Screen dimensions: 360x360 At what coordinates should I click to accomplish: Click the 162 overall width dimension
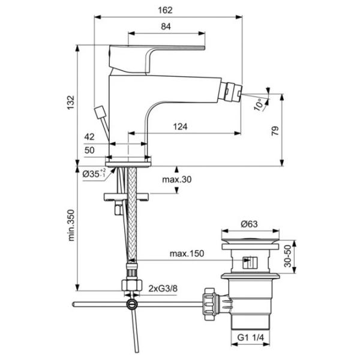165,10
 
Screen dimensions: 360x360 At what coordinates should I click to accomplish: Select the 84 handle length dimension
166,26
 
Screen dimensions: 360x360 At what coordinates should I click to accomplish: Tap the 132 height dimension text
71,103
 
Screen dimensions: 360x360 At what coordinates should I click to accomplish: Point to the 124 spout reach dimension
180,127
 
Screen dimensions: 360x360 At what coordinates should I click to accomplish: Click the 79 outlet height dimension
275,131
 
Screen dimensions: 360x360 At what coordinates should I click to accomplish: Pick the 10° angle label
259,104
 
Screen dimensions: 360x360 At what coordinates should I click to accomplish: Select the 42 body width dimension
89,137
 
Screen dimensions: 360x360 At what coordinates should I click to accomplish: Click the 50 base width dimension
89,150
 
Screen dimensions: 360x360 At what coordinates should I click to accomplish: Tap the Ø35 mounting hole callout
94,173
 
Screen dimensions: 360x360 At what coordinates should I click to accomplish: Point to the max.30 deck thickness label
177,179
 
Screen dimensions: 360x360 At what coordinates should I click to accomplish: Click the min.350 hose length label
71,225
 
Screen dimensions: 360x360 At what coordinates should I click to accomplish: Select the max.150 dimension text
187,253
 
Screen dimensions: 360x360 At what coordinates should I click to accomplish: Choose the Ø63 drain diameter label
249,224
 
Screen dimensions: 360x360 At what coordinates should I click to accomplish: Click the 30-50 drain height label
287,256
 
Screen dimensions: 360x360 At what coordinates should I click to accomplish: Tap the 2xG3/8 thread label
163,289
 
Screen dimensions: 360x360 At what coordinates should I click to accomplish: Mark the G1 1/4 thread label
250,337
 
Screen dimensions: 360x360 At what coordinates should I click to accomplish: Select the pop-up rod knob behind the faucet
100,112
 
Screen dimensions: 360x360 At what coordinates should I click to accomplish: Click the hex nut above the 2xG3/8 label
132,285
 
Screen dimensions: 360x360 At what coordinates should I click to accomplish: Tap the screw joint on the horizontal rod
132,304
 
